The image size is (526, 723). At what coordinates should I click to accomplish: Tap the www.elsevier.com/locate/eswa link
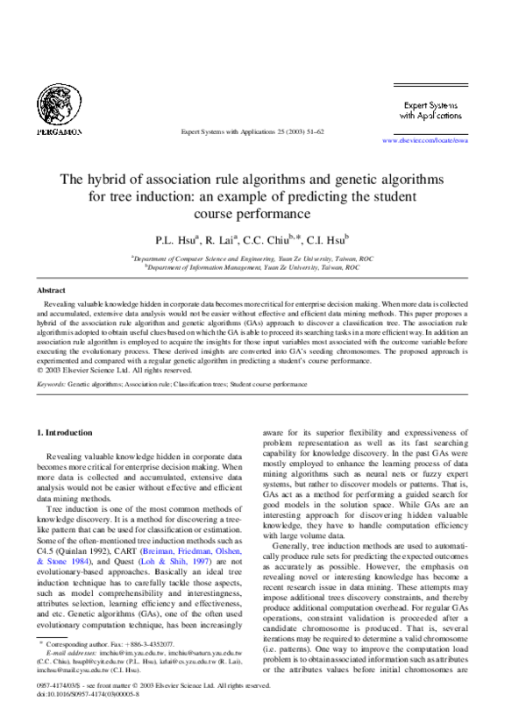[425, 139]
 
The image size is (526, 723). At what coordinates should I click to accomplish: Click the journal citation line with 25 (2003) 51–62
[252, 131]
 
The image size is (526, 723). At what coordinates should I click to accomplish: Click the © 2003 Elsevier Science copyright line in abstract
[103, 370]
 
